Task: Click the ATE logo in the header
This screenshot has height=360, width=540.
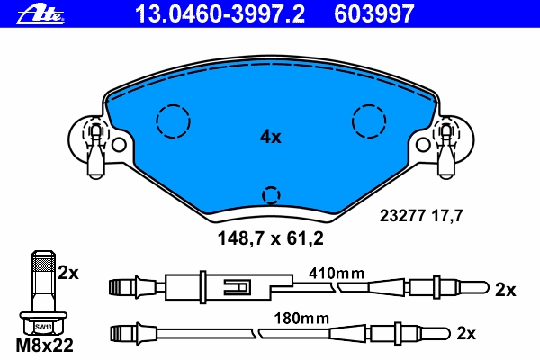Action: [x=40, y=14]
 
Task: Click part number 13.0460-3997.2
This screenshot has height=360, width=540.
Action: [x=220, y=14]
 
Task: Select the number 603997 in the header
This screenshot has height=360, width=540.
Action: [x=374, y=14]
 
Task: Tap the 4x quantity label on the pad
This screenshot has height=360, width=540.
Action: [x=270, y=137]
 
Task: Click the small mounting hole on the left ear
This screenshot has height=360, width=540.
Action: [x=119, y=145]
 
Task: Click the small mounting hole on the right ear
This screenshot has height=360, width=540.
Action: [x=423, y=145]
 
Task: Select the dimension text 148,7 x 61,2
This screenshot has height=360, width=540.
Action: [x=270, y=238]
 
